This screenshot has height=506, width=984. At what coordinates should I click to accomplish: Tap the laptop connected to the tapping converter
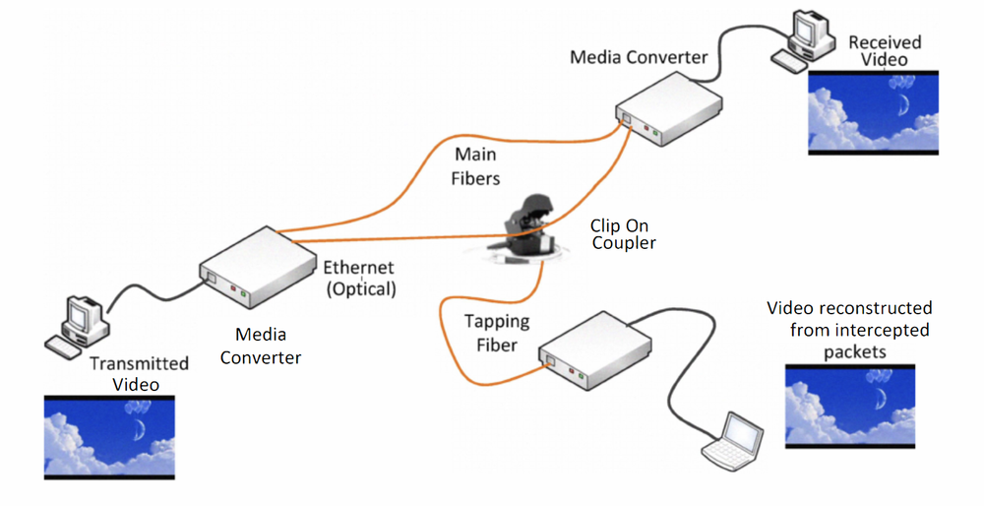pos(732,440)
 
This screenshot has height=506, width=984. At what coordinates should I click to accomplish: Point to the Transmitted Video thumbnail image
pos(109,436)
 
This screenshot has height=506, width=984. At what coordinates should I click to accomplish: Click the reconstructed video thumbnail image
pos(850,407)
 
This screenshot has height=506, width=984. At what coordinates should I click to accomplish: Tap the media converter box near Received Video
pos(669,111)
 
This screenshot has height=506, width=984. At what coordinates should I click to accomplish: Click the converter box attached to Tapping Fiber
pos(594,352)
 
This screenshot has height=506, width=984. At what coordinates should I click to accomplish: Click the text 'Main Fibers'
pos(476,166)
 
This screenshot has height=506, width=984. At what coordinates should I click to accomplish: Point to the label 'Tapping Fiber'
pos(497,332)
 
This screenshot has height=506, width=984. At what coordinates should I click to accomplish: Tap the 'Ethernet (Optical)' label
pos(359,278)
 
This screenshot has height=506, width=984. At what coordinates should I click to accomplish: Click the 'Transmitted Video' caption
pos(139,374)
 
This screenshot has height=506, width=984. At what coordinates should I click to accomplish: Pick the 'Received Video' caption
pos(884,51)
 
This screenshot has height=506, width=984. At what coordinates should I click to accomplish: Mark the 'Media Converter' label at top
pos(639,57)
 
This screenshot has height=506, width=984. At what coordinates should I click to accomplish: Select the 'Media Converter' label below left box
pos(260,346)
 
